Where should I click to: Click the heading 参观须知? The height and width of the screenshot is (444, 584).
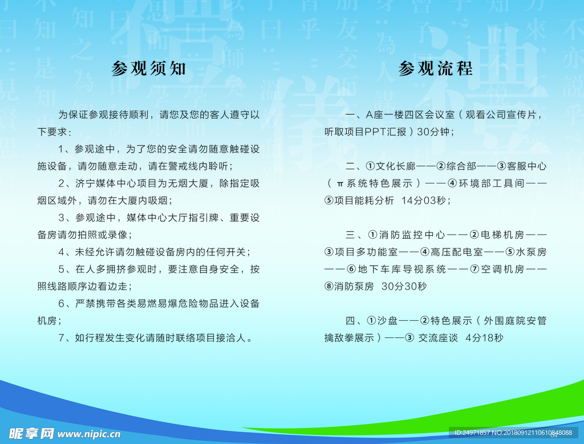tap(149, 68)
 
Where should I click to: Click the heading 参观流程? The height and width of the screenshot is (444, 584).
tap(435, 68)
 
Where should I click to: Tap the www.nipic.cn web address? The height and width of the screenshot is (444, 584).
tap(89, 434)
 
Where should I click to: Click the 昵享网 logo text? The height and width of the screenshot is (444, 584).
tap(31, 433)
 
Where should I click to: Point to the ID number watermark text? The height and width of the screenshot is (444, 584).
tap(513, 433)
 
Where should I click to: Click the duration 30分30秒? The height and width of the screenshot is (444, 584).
tap(404, 286)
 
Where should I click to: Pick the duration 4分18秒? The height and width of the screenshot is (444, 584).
tap(484, 337)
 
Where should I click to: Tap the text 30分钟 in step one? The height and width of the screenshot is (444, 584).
tap(433, 132)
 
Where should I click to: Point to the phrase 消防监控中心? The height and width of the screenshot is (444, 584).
tap(412, 235)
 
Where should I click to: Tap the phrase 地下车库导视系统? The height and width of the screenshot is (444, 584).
tap(402, 269)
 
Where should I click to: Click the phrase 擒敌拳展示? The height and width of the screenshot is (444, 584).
tap(349, 337)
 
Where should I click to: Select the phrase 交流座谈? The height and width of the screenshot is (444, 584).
tap(438, 337)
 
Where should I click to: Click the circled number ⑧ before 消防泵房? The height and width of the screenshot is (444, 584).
tap(329, 286)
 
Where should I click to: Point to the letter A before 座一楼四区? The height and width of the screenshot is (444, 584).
tap(370, 115)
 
